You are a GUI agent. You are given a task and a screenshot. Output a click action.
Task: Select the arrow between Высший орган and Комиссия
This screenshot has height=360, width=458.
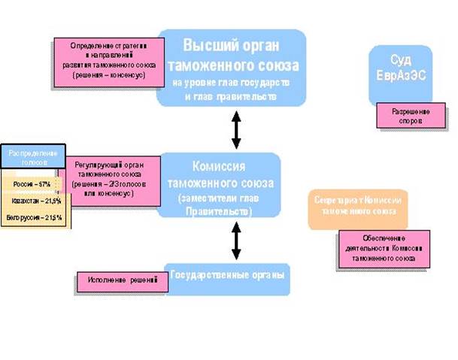[x=236, y=130]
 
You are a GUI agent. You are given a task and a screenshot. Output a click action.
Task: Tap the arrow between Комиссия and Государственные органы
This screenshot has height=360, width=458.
[x=236, y=242]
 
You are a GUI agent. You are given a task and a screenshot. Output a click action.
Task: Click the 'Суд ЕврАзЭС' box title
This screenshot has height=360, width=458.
[x=401, y=65]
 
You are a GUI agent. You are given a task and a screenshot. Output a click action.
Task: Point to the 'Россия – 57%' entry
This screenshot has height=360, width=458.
[x=31, y=184]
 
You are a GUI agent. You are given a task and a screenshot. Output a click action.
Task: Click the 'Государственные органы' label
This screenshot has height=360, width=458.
[x=228, y=275]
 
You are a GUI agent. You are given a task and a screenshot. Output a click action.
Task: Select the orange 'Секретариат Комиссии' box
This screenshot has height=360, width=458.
[x=358, y=207]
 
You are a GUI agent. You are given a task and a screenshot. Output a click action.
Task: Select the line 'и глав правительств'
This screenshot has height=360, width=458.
[x=230, y=96]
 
